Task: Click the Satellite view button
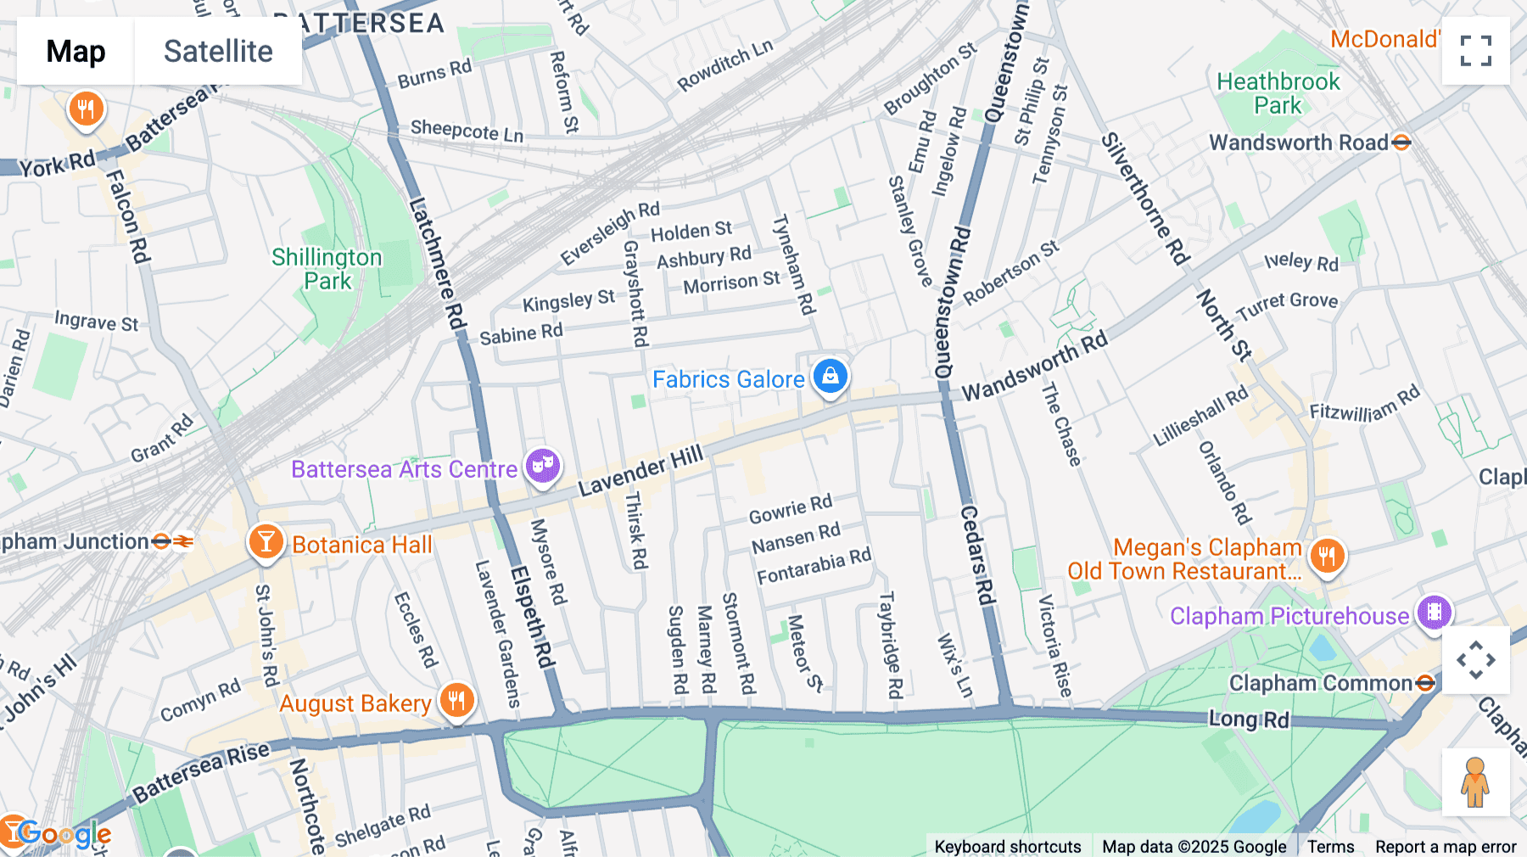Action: point(218,51)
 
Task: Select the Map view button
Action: point(76,51)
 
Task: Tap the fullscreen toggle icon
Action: point(1476,51)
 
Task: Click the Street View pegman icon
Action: point(1475,781)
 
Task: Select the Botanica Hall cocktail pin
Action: point(266,541)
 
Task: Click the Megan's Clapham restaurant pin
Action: point(1328,557)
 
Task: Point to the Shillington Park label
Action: point(327,269)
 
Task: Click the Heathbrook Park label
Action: point(1278,93)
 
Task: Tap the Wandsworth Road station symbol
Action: point(1401,143)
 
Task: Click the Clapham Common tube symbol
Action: point(1425,683)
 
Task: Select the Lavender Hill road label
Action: point(641,471)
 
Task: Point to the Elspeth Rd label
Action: point(533,617)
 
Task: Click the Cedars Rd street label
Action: point(977,556)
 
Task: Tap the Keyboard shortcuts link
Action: point(1007,846)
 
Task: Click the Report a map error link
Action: point(1446,846)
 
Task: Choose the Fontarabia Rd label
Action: point(814,567)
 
